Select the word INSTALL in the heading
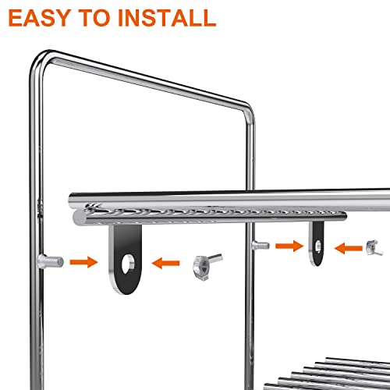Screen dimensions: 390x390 [x=171, y=16]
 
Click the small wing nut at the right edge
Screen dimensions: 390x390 [x=374, y=249]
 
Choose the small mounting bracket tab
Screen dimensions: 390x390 [x=317, y=243]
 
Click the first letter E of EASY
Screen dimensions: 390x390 [x=19, y=16]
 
